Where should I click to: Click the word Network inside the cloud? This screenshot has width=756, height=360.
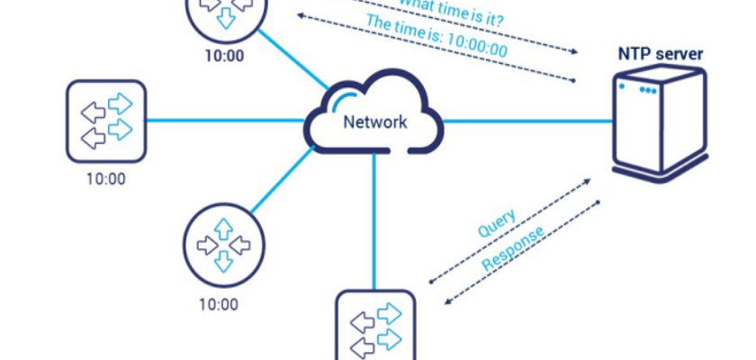[x=374, y=122]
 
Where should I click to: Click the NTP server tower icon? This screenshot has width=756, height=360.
[x=657, y=121]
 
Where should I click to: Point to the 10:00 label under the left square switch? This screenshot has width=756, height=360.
[x=106, y=178]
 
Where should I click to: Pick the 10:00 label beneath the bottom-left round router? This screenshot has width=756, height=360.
[x=219, y=304]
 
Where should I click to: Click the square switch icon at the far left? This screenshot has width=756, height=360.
[x=106, y=121]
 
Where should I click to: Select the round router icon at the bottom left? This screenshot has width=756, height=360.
[x=220, y=244]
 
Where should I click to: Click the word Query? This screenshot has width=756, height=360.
[x=498, y=222]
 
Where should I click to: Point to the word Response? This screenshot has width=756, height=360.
[x=513, y=248]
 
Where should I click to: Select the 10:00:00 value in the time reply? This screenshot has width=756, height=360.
[x=477, y=41]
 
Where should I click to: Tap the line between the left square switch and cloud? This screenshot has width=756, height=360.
[x=225, y=121]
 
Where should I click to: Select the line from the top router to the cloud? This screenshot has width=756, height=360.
[x=292, y=62]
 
